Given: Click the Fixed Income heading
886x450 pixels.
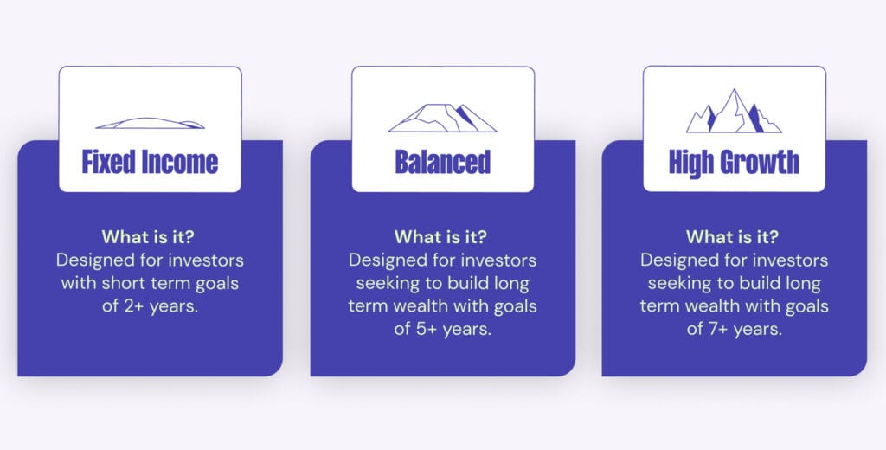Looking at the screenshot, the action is (x=150, y=162).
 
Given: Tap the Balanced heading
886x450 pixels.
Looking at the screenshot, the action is (x=442, y=162).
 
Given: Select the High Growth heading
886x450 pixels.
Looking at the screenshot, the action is (x=734, y=162).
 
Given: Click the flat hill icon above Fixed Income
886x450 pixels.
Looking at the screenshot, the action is (x=150, y=123).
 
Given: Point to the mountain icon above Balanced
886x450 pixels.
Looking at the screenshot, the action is (x=442, y=118).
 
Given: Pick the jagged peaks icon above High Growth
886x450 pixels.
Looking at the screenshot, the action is (x=734, y=111).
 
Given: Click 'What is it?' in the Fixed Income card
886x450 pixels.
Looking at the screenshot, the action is (x=148, y=236).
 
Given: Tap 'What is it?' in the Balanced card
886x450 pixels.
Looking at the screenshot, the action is (x=440, y=236).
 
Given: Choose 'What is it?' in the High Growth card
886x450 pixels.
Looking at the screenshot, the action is (x=732, y=236).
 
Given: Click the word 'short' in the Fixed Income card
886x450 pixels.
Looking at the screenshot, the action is (x=119, y=283).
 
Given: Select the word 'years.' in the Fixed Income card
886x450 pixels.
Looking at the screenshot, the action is (x=174, y=307).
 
